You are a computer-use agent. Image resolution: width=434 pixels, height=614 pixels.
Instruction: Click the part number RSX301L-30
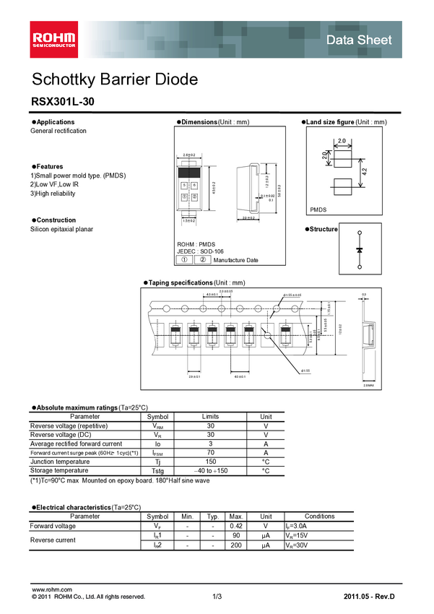(x=61, y=103)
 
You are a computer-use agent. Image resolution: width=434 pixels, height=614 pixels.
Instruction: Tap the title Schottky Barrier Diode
(x=114, y=79)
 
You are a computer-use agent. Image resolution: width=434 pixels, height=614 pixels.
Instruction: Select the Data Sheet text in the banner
(x=359, y=40)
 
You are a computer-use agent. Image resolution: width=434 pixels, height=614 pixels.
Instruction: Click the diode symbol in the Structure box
(x=360, y=250)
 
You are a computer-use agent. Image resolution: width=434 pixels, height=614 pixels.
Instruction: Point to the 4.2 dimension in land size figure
(x=366, y=172)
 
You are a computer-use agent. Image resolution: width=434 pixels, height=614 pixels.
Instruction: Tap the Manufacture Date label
(x=235, y=260)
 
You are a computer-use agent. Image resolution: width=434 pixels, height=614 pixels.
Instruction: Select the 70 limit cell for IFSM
(x=210, y=453)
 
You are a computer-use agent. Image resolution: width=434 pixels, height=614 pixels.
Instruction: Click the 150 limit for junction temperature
(x=210, y=462)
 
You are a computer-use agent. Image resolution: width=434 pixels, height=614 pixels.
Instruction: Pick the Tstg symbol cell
(x=157, y=470)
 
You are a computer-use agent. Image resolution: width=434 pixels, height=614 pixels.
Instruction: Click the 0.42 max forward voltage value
(x=235, y=526)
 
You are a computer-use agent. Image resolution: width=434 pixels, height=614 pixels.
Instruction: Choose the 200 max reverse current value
(x=235, y=544)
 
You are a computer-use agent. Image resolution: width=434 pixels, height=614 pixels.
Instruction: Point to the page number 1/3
(x=217, y=597)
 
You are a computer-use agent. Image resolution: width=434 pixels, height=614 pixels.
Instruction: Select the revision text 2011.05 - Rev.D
(x=372, y=597)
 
